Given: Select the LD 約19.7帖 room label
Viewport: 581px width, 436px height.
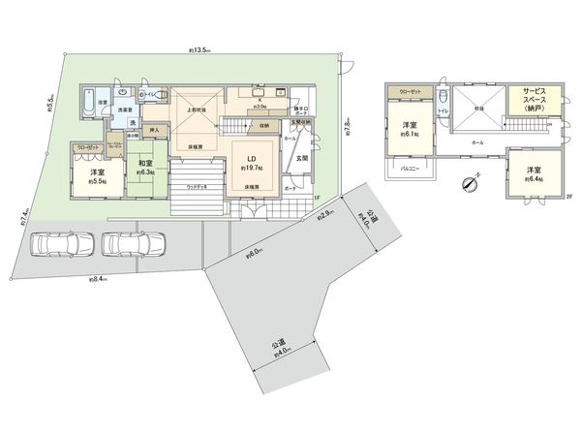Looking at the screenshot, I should pos(249,162).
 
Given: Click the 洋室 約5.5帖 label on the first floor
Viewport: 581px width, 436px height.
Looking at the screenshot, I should pos(96,175).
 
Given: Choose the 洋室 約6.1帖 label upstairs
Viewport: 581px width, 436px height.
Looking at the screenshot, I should pos(409,128).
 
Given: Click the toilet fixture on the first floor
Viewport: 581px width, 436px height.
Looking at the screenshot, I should pos(141,95).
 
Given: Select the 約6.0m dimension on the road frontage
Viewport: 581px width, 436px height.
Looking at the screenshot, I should pos(255,255).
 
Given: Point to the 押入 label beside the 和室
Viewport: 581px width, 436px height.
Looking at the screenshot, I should pos(152,128).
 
